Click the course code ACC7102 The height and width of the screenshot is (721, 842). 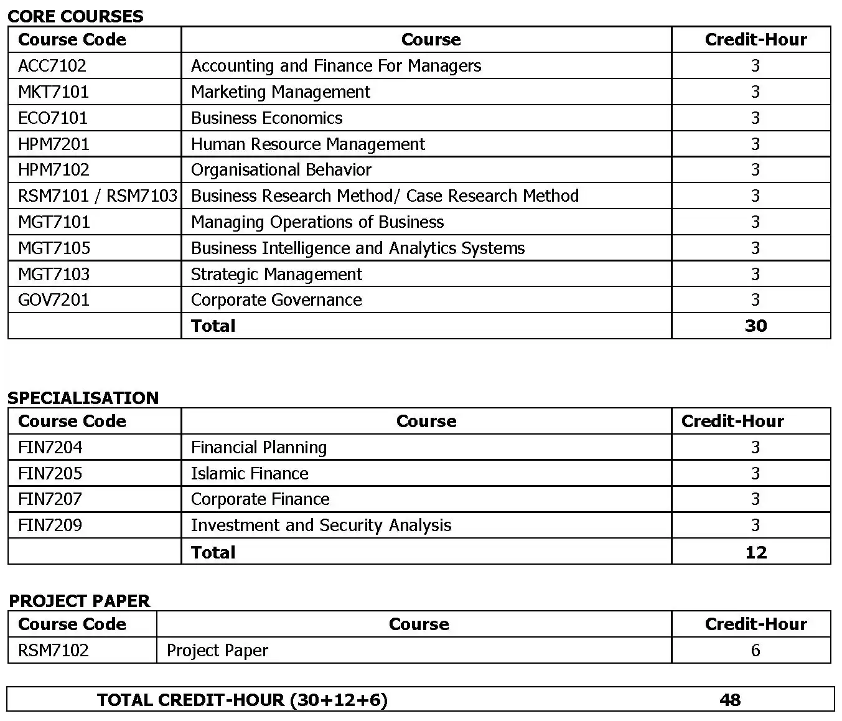[x=52, y=66]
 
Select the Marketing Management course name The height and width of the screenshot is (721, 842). [x=280, y=92]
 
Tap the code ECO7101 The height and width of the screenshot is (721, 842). [x=53, y=118]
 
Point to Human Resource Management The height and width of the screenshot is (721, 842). [x=307, y=144]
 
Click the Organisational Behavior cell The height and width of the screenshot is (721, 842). [x=281, y=170]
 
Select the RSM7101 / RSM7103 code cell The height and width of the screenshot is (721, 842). [x=98, y=196]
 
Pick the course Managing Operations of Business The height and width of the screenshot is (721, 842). [x=317, y=222]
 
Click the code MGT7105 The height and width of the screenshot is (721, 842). [x=54, y=248]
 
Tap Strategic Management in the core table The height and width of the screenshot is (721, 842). [x=276, y=275]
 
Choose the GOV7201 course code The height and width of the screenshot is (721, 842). [x=54, y=300]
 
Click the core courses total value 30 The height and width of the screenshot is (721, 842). [x=755, y=326]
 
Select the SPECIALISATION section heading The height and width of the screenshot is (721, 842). [x=83, y=398]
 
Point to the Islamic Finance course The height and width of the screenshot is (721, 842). [x=250, y=474]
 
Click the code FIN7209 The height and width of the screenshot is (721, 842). [x=50, y=525]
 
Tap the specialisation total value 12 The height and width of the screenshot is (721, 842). [x=755, y=552]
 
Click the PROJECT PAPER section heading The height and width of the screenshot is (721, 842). [x=80, y=601]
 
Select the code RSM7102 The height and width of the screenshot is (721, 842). [x=54, y=651]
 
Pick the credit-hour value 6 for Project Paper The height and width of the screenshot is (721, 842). [x=755, y=651]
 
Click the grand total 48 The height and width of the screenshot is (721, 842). [x=730, y=700]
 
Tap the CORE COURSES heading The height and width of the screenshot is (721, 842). [x=75, y=16]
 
